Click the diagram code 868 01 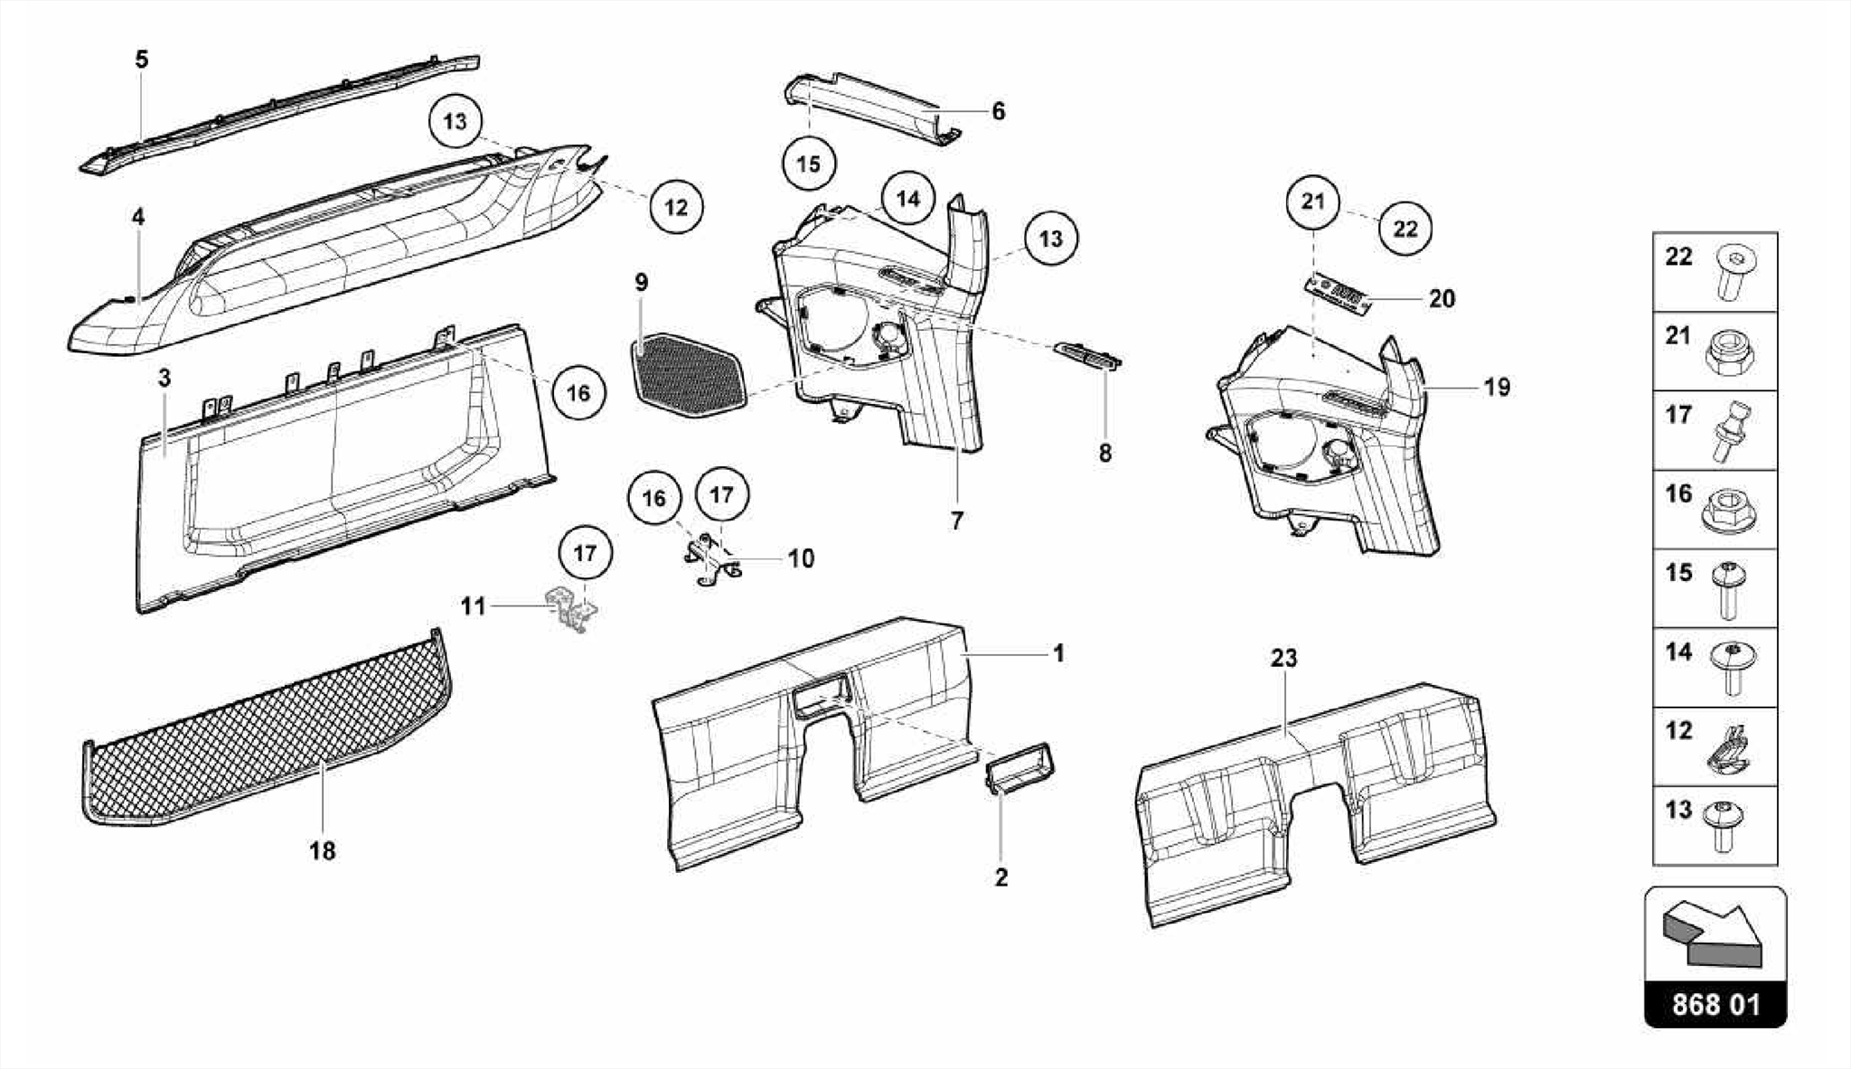(x=1715, y=1005)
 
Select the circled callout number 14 (x=908, y=198)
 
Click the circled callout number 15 (x=809, y=164)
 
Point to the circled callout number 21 (x=1312, y=201)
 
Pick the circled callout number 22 (x=1405, y=228)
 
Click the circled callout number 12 (x=676, y=207)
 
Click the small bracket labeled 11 (x=571, y=609)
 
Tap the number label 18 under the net (x=323, y=850)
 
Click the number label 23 (x=1283, y=659)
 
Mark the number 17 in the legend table (x=1678, y=415)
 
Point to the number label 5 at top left (x=142, y=60)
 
